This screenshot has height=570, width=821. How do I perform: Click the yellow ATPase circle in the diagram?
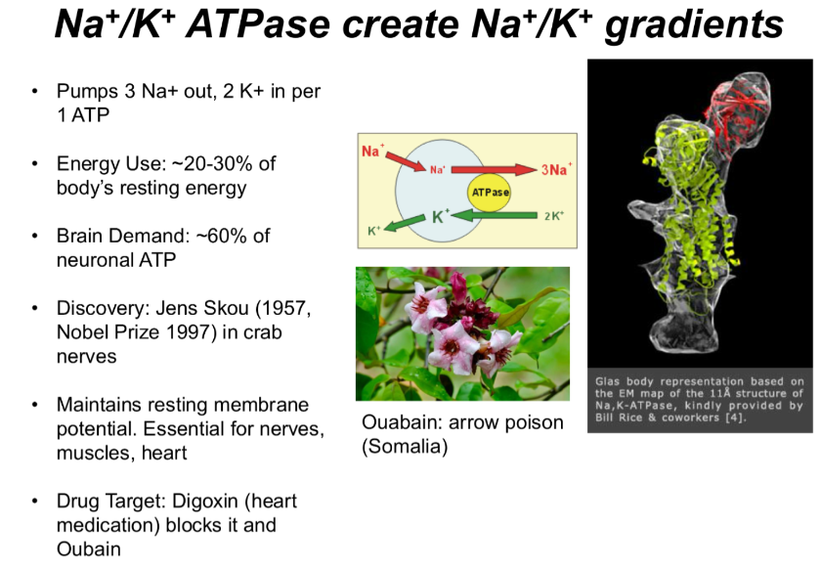(490, 193)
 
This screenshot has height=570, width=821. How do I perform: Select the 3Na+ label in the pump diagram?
(556, 169)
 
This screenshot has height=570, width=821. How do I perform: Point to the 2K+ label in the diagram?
(553, 215)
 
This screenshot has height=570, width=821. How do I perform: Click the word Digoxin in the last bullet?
(202, 501)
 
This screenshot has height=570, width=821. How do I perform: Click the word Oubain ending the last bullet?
(88, 548)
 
